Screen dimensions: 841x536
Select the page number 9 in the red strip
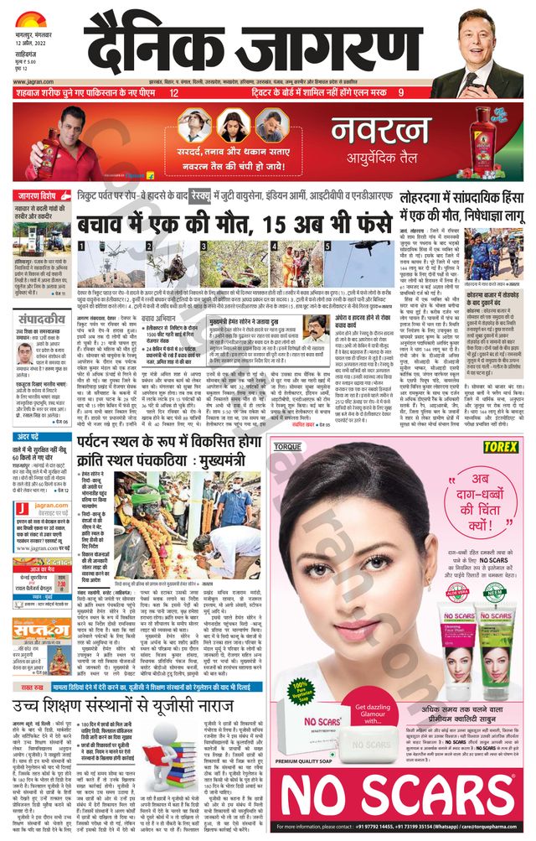401,93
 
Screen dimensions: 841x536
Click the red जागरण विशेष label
43,196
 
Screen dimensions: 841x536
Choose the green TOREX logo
498,448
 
